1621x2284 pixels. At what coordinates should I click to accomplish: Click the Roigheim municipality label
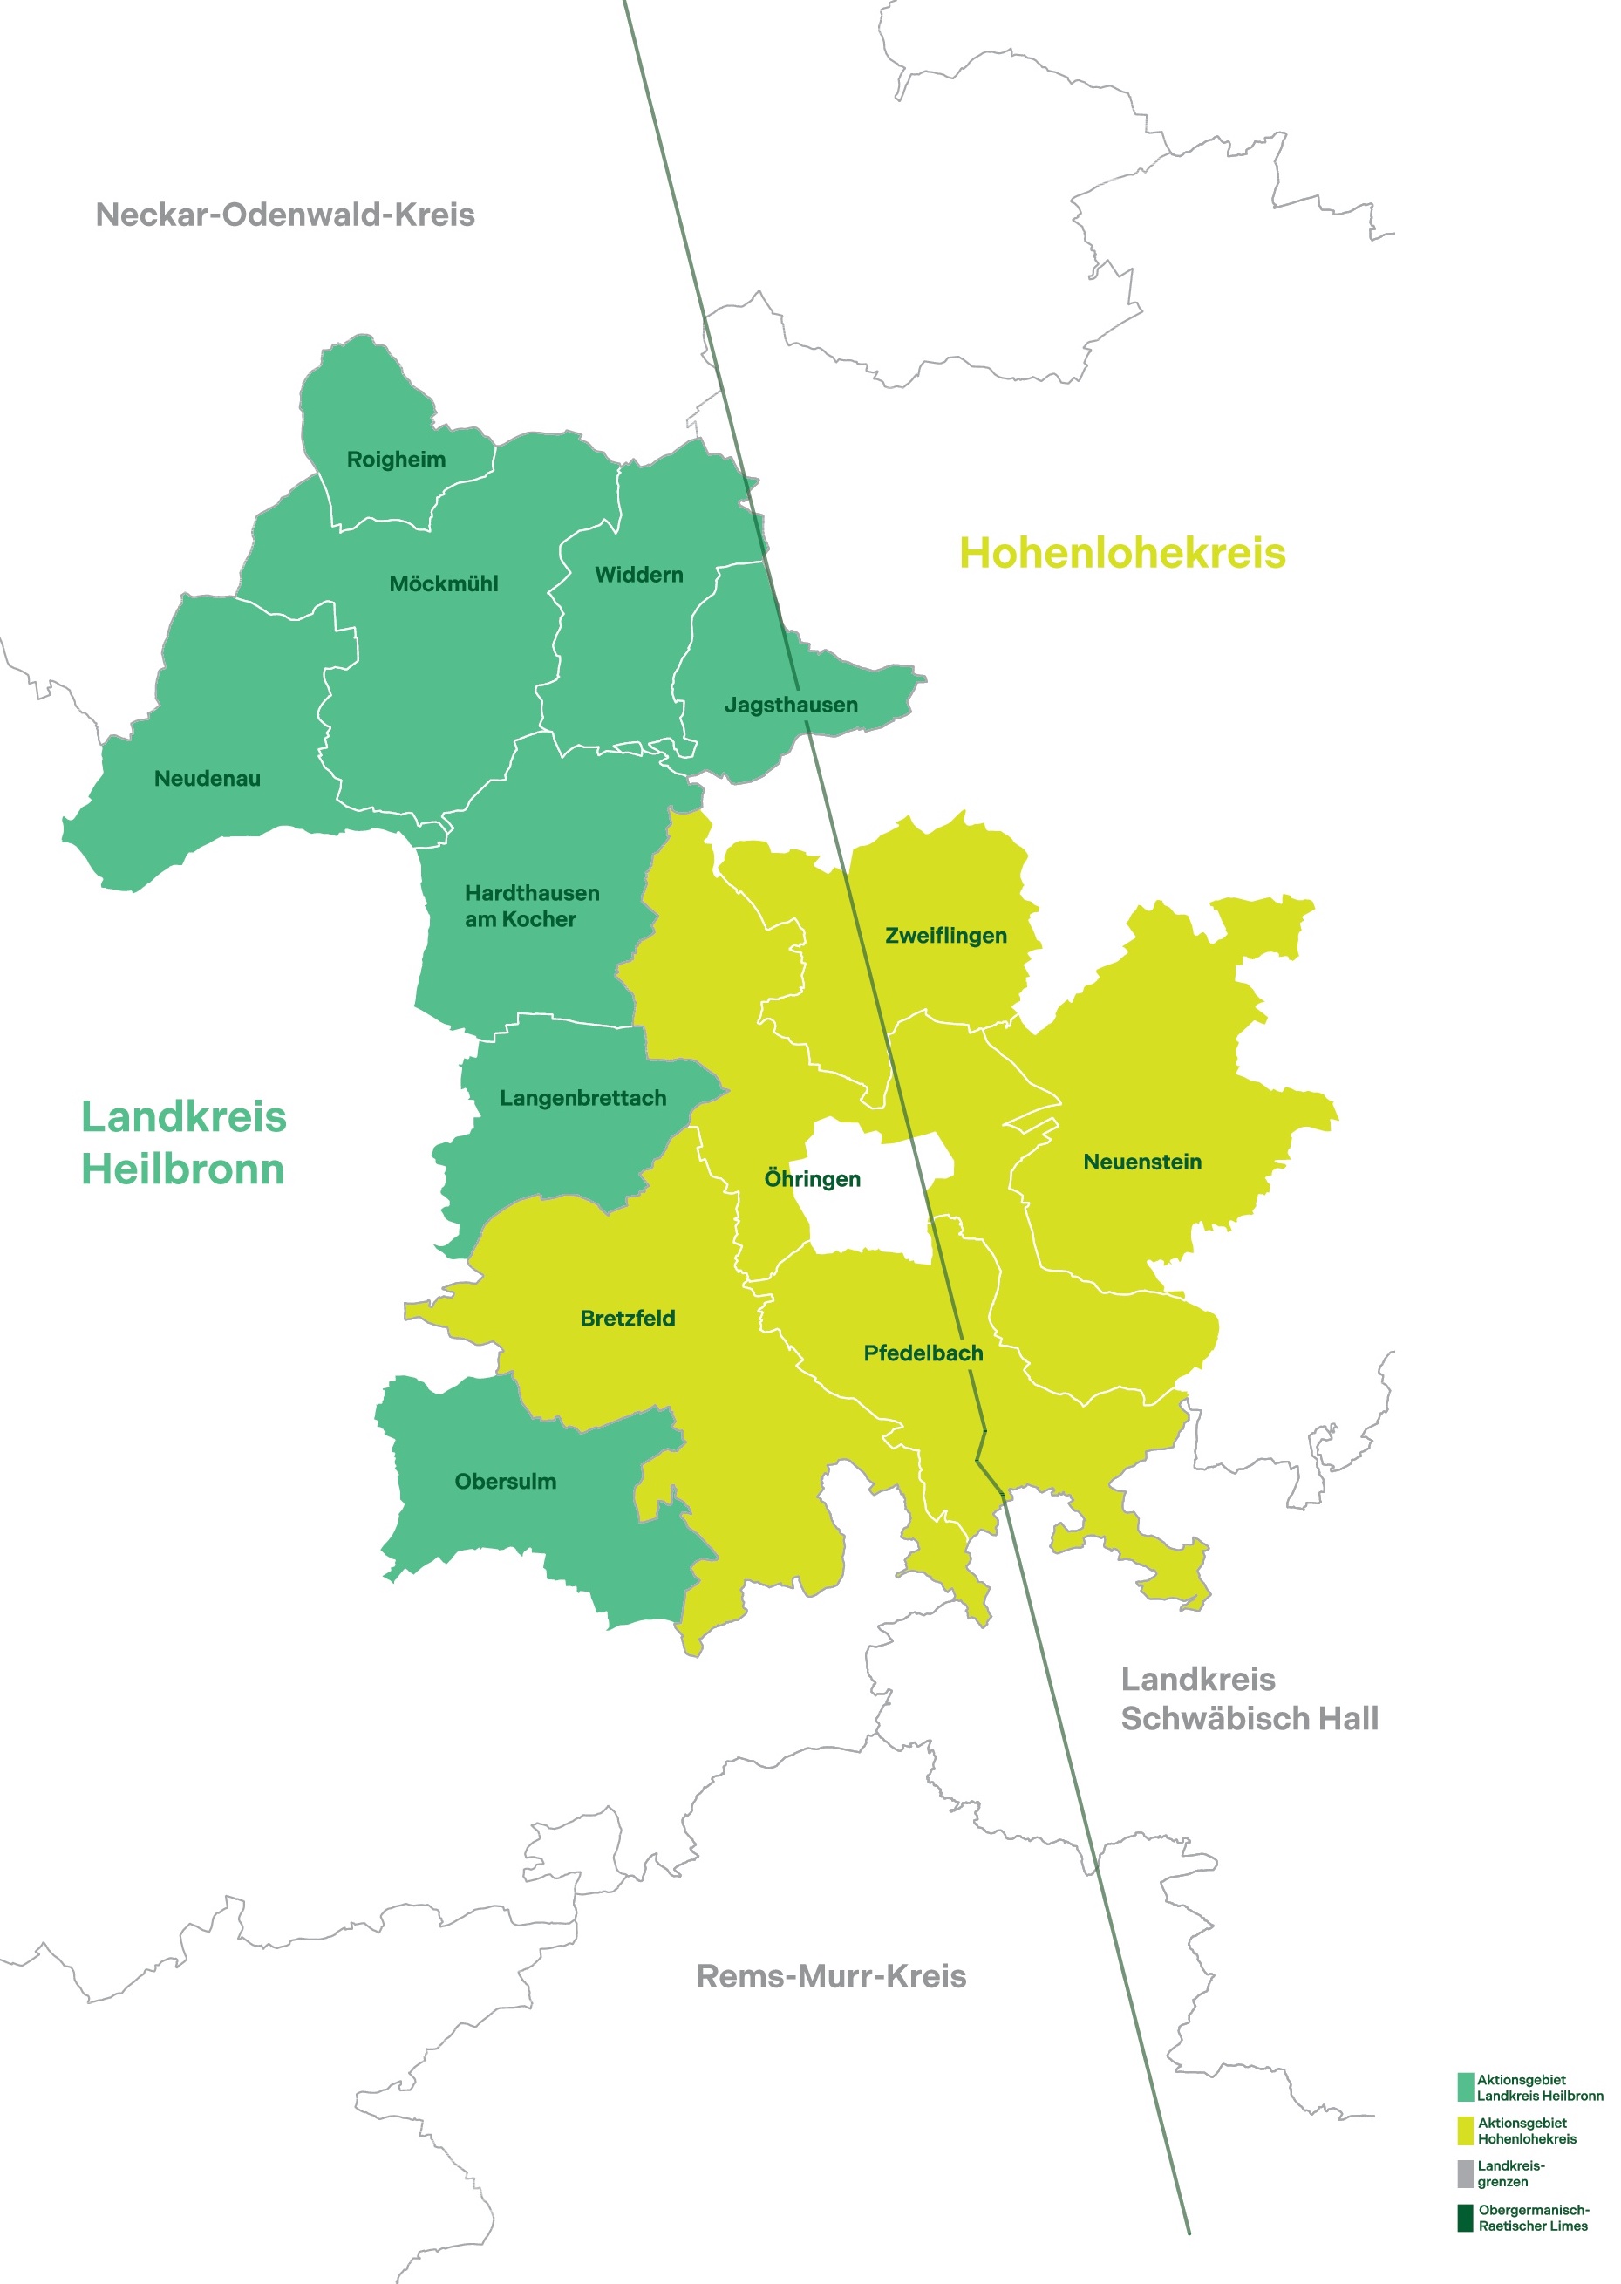[396, 460]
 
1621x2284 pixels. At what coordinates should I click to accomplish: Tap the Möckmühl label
[443, 584]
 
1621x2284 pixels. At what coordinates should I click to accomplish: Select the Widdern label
[639, 575]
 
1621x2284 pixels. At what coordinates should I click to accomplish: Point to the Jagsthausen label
[791, 705]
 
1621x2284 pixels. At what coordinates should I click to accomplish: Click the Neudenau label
[208, 779]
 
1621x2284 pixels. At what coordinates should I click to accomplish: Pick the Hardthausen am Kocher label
[532, 905]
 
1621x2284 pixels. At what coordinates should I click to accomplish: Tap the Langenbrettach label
[583, 1098]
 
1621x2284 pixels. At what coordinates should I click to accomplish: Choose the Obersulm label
[505, 1482]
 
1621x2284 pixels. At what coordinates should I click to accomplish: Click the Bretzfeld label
[628, 1319]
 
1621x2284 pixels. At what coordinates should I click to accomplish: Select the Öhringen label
[813, 1179]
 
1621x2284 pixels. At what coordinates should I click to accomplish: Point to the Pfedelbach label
[923, 1353]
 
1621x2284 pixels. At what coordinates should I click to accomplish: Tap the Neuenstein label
[1142, 1162]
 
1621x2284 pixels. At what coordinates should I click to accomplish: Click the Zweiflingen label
[946, 936]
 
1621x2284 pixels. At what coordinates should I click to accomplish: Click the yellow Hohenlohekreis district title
[1122, 553]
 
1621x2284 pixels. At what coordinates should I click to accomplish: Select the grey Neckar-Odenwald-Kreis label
[285, 215]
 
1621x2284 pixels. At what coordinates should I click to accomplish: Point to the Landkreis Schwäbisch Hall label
[1250, 1699]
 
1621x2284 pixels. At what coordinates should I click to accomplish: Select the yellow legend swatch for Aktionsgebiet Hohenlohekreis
[1465, 2131]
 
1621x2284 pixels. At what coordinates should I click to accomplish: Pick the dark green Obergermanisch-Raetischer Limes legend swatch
[1465, 2218]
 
